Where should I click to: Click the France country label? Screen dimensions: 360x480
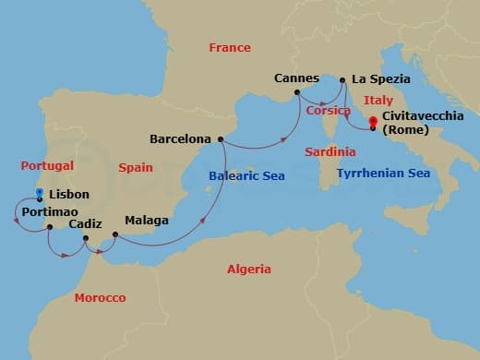[230, 47]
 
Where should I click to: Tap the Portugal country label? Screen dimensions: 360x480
[46, 165]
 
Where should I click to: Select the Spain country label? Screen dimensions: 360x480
[136, 167]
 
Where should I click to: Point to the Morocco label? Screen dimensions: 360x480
[100, 297]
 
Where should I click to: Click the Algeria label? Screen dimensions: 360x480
[249, 269]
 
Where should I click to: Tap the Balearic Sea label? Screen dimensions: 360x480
[246, 175]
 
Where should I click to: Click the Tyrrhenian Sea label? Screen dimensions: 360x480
[383, 173]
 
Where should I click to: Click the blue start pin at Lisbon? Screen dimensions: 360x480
[40, 195]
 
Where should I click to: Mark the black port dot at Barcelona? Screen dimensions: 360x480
[220, 139]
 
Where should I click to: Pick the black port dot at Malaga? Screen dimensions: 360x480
[114, 234]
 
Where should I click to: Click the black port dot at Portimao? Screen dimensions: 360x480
[50, 226]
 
